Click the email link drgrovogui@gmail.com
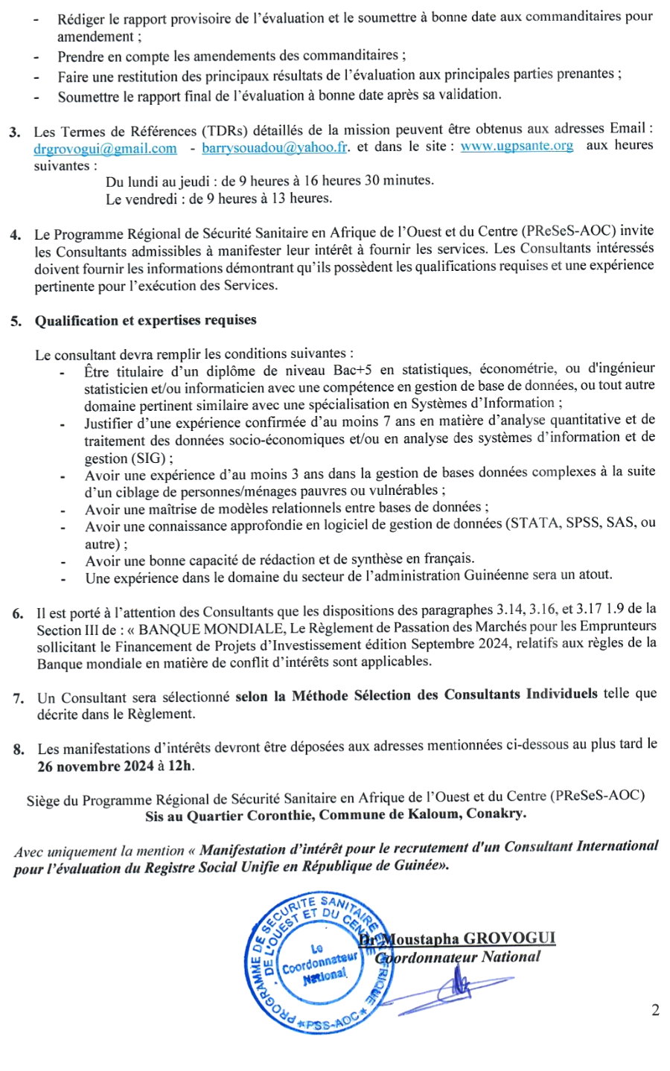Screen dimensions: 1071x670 105,149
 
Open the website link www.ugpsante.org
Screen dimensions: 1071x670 517,146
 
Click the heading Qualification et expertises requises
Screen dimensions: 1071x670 146,321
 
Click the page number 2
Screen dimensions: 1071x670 655,1010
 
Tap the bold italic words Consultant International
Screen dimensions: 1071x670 581,846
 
